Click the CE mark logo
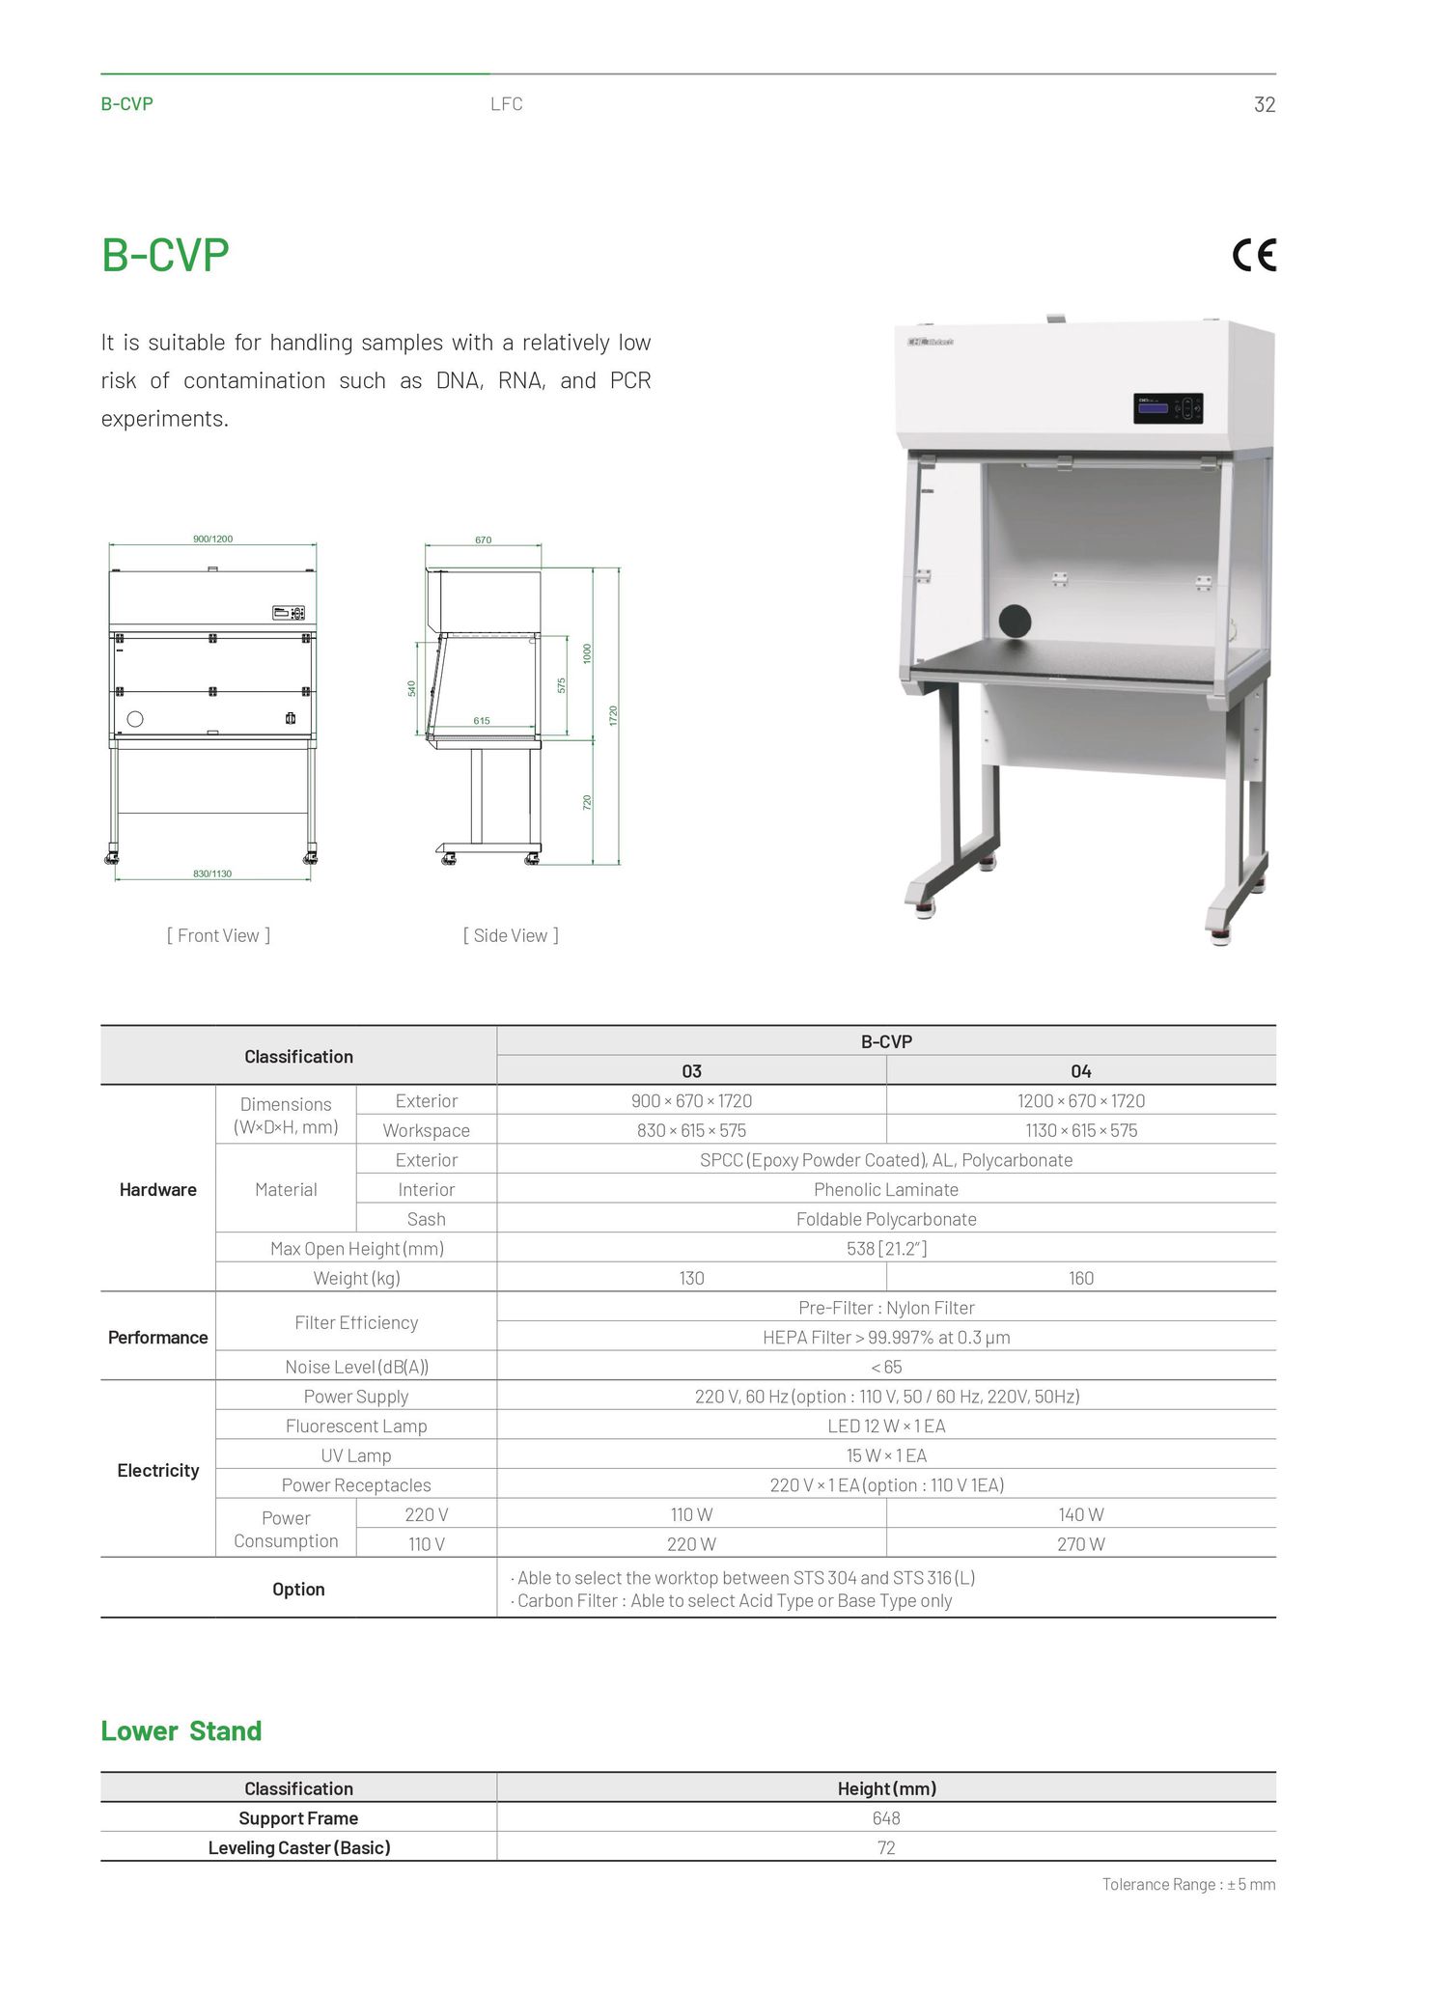[x=1254, y=255]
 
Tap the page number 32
[x=1264, y=104]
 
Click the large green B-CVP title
[x=165, y=256]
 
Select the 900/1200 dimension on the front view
[x=212, y=539]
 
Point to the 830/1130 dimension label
[x=212, y=873]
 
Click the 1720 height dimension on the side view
[x=613, y=715]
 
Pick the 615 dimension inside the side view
[x=482, y=721]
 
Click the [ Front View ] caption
[x=218, y=935]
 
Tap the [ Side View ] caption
[x=511, y=935]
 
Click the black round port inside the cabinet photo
[x=1015, y=621]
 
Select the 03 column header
[x=691, y=1070]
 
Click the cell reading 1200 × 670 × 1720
[x=1080, y=1100]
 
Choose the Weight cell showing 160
[x=1080, y=1278]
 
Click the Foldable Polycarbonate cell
[x=886, y=1219]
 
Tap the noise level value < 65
[x=886, y=1367]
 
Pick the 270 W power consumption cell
[x=1080, y=1544]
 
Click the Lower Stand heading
[x=181, y=1731]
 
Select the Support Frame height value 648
[x=886, y=1818]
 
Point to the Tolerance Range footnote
[x=1188, y=1884]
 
